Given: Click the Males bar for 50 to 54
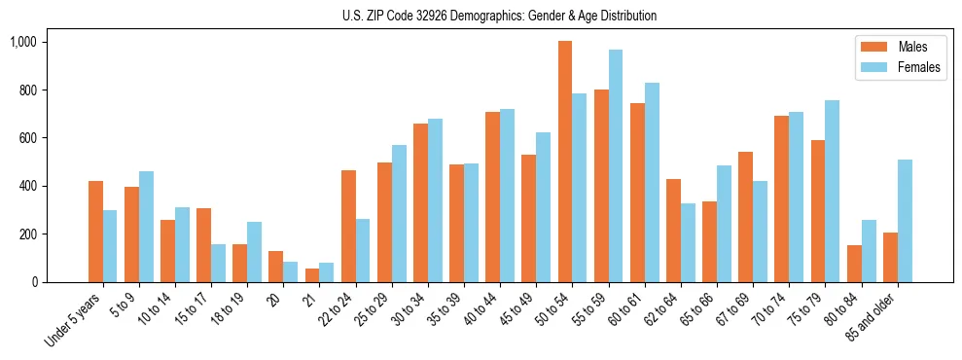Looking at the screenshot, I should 565,162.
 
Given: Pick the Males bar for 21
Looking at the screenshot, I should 312,275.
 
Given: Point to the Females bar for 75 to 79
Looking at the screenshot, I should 833,191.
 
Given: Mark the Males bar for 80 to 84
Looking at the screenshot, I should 854,264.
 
